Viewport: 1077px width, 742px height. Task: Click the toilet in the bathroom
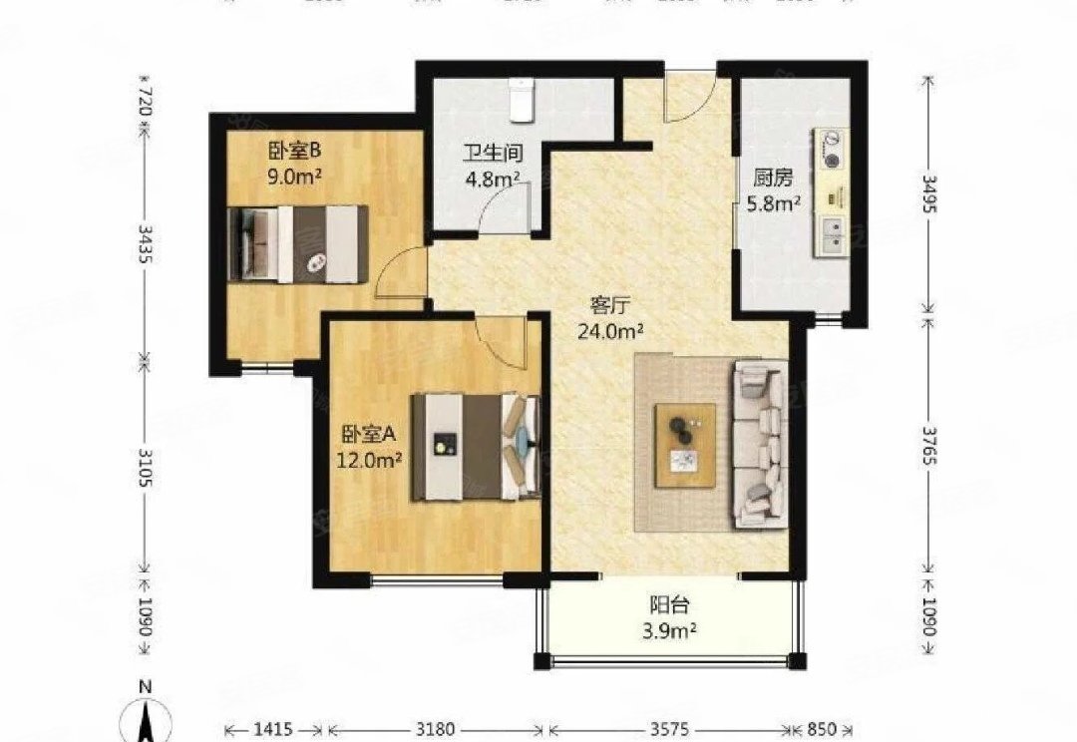pos(521,98)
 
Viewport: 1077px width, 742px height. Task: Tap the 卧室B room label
pos(293,152)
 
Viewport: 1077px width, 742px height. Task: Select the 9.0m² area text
pos(293,178)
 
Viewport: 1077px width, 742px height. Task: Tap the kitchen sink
pos(830,235)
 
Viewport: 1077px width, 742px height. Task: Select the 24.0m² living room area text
pos(610,331)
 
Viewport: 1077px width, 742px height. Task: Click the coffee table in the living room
pos(685,445)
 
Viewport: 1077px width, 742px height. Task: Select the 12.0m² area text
pos(371,460)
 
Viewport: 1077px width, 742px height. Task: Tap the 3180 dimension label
pos(435,727)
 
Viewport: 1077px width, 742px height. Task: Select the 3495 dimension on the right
pos(929,189)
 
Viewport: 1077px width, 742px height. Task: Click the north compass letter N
pos(145,687)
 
